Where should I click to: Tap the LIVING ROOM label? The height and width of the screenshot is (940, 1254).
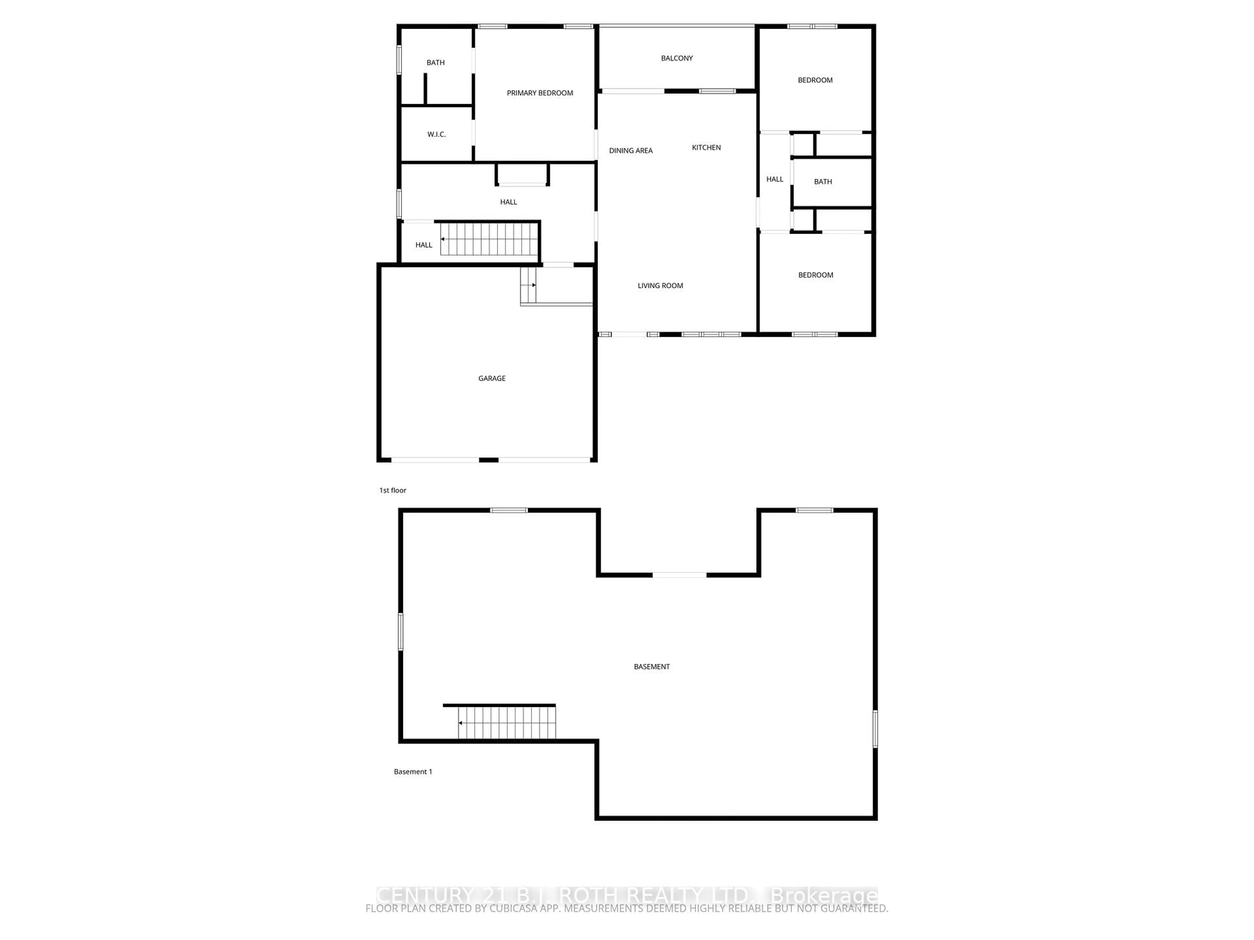click(660, 286)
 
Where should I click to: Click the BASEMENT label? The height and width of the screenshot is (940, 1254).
click(651, 666)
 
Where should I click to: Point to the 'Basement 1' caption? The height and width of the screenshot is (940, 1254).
click(413, 771)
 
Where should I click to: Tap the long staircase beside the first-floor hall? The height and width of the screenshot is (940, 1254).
click(489, 239)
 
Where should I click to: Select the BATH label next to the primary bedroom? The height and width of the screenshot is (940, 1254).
click(435, 62)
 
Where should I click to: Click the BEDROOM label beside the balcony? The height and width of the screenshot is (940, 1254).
click(815, 80)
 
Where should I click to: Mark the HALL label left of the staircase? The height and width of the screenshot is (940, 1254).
click(424, 245)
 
